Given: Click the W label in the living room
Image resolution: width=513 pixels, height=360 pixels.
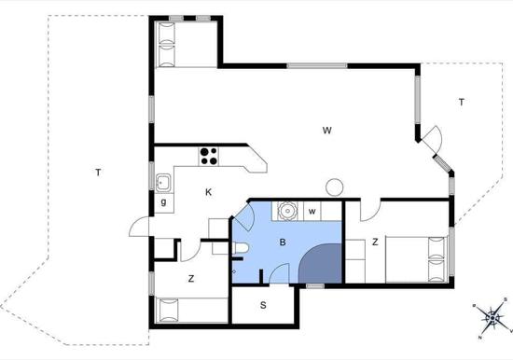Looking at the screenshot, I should (327, 131).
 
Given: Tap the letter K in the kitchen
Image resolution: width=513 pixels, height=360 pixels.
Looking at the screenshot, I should (209, 192).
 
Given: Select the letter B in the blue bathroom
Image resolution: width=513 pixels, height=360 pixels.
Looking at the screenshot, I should (282, 242).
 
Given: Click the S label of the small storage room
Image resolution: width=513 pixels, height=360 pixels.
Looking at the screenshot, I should (263, 305).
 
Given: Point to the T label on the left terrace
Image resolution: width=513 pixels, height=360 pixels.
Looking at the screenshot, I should (97, 172).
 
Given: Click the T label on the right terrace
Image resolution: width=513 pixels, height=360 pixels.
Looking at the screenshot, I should (461, 103).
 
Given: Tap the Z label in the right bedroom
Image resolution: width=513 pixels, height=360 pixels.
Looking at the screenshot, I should (374, 242).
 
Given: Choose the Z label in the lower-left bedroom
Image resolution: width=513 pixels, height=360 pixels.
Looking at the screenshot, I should (190, 278).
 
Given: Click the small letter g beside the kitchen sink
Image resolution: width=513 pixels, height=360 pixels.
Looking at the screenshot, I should (163, 201).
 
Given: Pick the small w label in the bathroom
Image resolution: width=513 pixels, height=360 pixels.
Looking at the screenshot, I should (312, 211).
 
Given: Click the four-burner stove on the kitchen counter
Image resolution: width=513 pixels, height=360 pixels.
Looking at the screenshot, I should (207, 155).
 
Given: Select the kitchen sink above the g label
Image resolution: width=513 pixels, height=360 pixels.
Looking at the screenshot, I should (163, 181).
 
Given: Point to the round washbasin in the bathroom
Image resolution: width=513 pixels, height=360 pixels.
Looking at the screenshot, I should (289, 211).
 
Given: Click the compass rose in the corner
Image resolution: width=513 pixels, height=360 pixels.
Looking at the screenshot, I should (492, 320).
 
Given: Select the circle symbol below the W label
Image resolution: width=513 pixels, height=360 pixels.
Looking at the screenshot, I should (335, 185).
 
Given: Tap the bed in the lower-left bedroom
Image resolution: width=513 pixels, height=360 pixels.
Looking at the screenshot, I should (191, 309).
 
